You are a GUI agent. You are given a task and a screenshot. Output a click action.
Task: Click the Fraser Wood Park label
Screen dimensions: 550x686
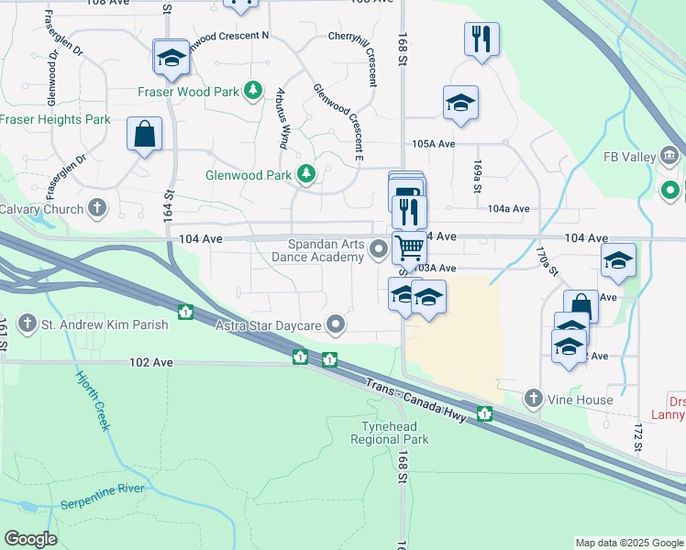[x=189, y=92]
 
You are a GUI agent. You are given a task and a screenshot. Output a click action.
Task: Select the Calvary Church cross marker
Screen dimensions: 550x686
[x=98, y=208]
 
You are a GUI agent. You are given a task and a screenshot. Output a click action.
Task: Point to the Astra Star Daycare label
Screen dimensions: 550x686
[x=268, y=325]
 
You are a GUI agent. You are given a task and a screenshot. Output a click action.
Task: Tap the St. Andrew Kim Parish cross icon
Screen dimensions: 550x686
[x=28, y=324]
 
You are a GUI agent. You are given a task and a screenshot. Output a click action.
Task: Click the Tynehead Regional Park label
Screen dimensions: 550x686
[x=390, y=433]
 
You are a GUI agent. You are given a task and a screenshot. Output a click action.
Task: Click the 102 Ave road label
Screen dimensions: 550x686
[x=151, y=362]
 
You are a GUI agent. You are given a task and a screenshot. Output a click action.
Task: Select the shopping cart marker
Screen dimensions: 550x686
[x=409, y=247]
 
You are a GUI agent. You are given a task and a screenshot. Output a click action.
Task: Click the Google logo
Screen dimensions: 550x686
[x=30, y=539]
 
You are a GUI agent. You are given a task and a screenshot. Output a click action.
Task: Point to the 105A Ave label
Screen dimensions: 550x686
[x=434, y=144]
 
